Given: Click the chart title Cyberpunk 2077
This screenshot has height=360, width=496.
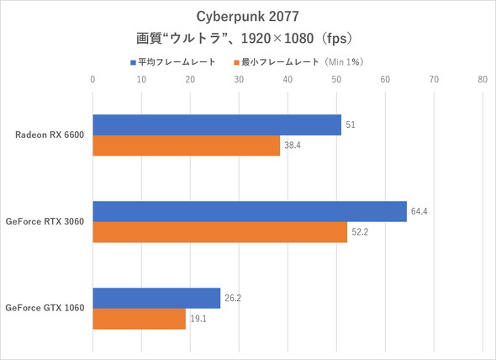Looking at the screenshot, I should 247,17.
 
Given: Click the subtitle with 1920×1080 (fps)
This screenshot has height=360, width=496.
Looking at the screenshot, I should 247,39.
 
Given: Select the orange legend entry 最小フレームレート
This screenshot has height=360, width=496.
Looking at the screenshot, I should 303,61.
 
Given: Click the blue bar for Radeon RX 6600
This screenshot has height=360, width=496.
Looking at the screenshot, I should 217,124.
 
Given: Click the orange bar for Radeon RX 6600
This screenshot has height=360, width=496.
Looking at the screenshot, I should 186,146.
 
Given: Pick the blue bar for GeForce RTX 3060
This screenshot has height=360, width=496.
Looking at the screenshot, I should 250,211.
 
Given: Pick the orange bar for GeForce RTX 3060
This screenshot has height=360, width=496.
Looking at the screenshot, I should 219,232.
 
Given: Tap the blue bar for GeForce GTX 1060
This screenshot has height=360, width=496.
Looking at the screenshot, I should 156,298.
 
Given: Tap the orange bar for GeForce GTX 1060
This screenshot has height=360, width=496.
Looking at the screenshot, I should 139,319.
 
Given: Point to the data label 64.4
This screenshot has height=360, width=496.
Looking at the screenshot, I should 419,211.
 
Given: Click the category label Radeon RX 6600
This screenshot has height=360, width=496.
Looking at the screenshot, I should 50,135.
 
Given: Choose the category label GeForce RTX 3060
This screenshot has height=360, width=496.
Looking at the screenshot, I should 45,221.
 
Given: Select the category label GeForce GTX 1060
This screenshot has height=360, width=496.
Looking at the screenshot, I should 45,308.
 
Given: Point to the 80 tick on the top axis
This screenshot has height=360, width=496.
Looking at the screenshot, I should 482,81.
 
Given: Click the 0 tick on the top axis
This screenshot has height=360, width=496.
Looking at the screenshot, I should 92,81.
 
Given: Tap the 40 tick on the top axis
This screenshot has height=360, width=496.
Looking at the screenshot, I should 288,81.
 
